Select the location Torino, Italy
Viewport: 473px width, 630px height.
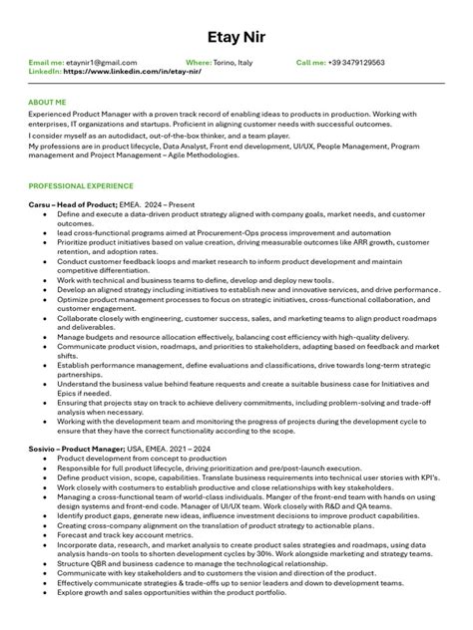pos(234,63)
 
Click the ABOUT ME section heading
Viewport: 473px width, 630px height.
pos(47,103)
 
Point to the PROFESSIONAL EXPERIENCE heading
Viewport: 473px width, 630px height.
pos(80,186)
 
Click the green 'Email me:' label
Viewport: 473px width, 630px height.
pos(46,63)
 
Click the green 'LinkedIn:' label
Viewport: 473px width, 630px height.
pos(45,72)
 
